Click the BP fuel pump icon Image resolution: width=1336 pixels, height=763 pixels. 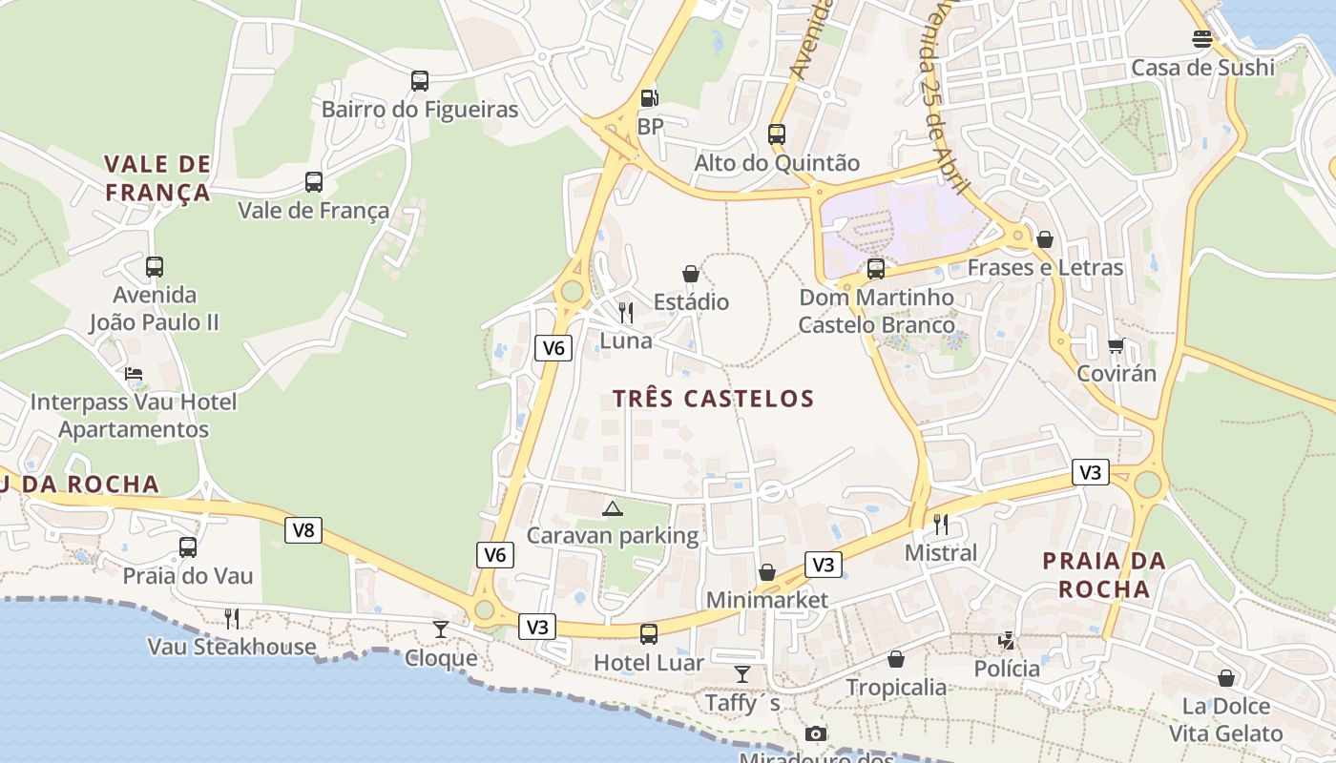pos(649,97)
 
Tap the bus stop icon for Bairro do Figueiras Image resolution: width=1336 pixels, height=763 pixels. pos(420,80)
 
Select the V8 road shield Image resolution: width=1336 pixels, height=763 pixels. pos(303,530)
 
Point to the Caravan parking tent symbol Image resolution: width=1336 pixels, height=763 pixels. pos(613,507)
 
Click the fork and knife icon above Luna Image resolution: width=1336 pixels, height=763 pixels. pos(626,312)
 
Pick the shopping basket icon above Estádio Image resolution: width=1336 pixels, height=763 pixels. pos(691,274)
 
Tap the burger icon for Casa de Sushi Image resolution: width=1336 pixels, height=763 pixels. pos(1201,39)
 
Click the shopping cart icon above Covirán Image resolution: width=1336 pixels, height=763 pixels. pos(1116,345)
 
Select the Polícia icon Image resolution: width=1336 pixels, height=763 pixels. pos(1007,640)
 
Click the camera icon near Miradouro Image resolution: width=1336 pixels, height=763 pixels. pos(815,732)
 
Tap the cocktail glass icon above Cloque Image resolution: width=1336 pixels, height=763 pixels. pos(440,629)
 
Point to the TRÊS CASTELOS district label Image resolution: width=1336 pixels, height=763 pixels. pos(714,399)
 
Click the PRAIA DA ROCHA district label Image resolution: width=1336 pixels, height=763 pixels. pos(1103,575)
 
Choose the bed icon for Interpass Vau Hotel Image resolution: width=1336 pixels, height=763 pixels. pos(134,374)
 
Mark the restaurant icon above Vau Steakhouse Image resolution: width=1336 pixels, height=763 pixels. pos(232,618)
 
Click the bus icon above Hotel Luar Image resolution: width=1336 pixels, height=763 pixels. pos(649,633)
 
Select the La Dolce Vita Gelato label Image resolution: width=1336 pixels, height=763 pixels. pos(1226,720)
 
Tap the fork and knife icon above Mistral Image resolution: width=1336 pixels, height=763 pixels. pos(941,523)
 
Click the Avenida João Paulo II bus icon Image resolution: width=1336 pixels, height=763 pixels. pos(155,266)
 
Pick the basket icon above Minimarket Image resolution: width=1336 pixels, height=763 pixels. pos(766,572)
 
